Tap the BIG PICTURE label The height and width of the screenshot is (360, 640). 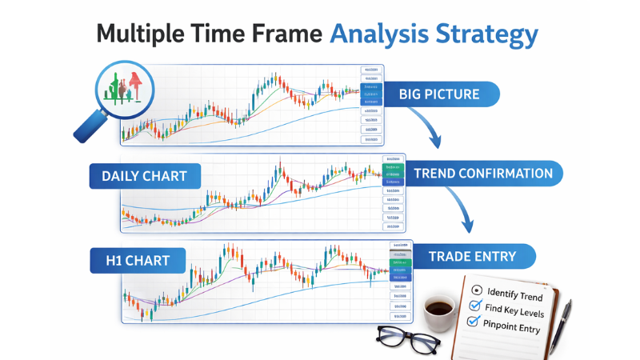point(439,94)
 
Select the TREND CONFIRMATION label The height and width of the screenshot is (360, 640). point(482,174)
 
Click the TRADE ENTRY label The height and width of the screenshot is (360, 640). point(471,257)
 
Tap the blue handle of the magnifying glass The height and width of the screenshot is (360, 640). point(86,128)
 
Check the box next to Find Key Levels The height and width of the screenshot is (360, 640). point(474,306)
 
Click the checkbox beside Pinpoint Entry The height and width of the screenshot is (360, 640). point(472,322)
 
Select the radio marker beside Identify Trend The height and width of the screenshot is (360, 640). point(478,290)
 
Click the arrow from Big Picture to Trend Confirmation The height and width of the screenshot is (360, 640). point(432,128)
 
